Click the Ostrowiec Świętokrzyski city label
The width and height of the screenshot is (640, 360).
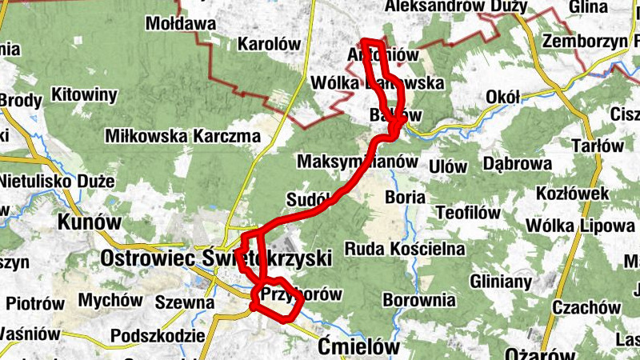click(x=216, y=258)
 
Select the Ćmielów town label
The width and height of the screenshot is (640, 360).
click(x=357, y=346)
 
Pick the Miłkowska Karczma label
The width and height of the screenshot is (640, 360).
click(x=182, y=137)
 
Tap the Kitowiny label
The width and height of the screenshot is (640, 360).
click(x=84, y=95)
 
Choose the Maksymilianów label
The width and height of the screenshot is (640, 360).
click(x=358, y=161)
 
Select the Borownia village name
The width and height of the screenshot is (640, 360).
click(x=419, y=301)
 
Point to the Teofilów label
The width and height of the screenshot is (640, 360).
click(x=468, y=213)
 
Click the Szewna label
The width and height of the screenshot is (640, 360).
click(x=185, y=302)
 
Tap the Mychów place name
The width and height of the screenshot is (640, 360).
click(x=111, y=302)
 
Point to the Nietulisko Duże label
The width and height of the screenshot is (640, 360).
click(x=57, y=181)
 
